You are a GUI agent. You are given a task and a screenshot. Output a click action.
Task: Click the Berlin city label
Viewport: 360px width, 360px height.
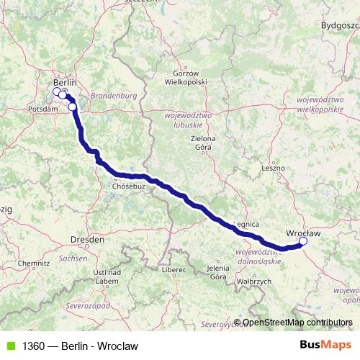(x=65, y=83)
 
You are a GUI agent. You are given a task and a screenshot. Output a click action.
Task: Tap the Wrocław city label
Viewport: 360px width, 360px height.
(x=303, y=233)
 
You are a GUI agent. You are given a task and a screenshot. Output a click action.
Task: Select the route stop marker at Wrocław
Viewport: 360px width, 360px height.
(x=303, y=241)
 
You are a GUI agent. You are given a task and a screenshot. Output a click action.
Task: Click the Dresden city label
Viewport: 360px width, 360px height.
(x=87, y=238)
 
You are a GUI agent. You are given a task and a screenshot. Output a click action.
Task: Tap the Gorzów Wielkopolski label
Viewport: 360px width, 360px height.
(x=190, y=77)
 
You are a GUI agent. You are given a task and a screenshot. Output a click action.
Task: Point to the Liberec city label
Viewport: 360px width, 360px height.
(x=174, y=269)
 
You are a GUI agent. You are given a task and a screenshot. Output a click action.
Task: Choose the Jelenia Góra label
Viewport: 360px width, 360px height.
(x=217, y=273)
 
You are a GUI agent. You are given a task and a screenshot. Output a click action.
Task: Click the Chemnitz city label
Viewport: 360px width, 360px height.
(x=34, y=264)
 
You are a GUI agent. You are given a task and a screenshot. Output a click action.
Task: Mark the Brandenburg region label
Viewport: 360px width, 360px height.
(x=114, y=95)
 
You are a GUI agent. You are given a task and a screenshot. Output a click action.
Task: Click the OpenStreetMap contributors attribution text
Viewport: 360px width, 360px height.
(x=296, y=323)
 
